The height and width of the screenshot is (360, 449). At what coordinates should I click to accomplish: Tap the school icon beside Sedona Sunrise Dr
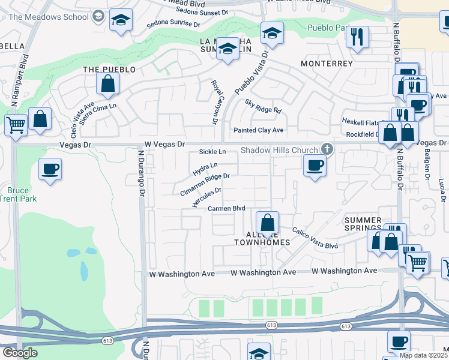click(121, 22)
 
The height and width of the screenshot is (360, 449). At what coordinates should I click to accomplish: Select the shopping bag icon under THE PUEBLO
click(107, 85)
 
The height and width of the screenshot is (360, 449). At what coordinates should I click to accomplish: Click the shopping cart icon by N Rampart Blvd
click(16, 125)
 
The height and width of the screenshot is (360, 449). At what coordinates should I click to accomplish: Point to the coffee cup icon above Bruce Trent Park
click(50, 168)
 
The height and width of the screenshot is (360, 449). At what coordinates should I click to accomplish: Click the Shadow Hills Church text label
click(280, 150)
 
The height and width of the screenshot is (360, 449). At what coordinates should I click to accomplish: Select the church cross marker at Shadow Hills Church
click(327, 148)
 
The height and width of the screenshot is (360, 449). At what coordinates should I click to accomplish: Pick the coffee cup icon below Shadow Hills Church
click(314, 165)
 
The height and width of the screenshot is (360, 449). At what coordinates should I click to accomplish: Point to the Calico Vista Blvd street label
click(315, 238)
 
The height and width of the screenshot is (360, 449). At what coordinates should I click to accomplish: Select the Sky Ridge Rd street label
click(263, 106)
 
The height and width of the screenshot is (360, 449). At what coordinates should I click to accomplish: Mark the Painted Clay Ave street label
click(258, 130)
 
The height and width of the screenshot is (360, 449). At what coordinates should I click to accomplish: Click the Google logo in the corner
click(20, 353)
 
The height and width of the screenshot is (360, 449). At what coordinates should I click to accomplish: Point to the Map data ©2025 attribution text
click(423, 355)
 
